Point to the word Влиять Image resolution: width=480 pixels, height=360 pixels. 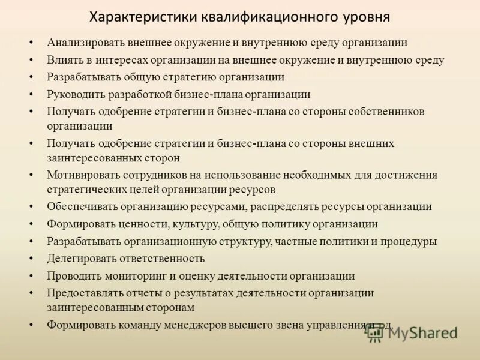point(64,60)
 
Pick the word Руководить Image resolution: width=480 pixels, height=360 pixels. point(76,94)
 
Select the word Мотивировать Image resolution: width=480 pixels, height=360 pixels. point(82,175)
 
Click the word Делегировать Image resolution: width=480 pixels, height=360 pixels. point(82,259)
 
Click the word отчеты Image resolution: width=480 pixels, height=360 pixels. point(148,293)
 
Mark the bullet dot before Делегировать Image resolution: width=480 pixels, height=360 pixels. point(31,259)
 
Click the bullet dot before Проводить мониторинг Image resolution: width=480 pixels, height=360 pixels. point(31,277)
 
